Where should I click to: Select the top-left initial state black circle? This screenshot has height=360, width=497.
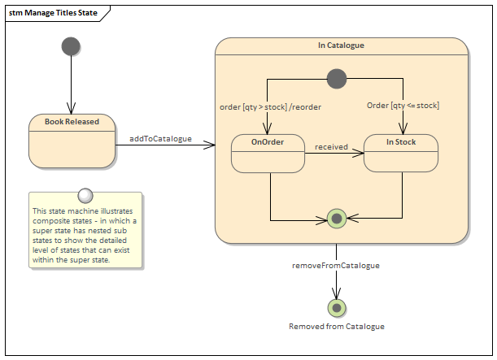[x=71, y=46]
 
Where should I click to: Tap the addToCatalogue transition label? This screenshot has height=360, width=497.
[x=161, y=138]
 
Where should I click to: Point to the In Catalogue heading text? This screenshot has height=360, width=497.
[x=341, y=46]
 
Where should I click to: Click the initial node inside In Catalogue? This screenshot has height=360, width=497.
[x=336, y=79]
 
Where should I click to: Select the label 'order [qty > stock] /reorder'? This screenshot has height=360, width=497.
[x=270, y=106]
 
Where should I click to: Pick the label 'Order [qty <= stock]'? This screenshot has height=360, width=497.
[x=403, y=105]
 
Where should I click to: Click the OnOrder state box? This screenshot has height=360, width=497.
[x=268, y=153]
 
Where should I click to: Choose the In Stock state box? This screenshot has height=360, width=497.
[x=401, y=153]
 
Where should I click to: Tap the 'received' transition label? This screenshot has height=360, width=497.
[x=331, y=147]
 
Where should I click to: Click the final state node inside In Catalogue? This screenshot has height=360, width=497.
[x=336, y=218]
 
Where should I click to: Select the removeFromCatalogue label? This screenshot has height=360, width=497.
[x=335, y=265]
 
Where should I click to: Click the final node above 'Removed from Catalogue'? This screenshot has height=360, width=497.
[x=336, y=307]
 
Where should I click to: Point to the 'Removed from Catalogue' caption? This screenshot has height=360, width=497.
[x=336, y=326]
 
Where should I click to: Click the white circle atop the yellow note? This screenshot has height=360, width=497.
[x=85, y=195]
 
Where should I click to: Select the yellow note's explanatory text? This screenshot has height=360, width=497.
[x=85, y=236]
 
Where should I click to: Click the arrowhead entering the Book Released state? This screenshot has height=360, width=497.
[x=71, y=111]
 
